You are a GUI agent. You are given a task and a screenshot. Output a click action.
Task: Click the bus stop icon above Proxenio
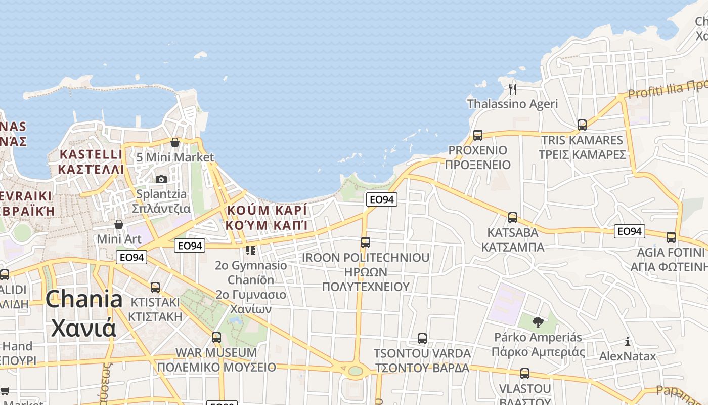click(x=478, y=135)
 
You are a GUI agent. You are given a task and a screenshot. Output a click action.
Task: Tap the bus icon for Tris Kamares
click(x=582, y=125)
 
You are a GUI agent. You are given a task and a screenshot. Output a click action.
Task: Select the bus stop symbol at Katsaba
click(x=513, y=218)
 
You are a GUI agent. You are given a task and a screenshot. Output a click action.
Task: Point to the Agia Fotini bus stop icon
click(x=671, y=237)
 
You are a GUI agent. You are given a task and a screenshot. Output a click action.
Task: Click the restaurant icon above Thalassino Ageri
click(x=513, y=89)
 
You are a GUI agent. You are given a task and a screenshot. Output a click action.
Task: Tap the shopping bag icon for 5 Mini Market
click(x=175, y=142)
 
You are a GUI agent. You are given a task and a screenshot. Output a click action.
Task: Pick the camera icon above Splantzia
click(x=161, y=179)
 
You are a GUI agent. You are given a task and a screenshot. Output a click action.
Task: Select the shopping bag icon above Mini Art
click(x=119, y=224)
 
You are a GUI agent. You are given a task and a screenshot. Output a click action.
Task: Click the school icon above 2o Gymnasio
click(x=251, y=250)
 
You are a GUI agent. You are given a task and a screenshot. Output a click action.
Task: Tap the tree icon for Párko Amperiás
click(x=538, y=322)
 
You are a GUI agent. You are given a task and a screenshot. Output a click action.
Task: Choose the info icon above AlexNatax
click(x=628, y=341)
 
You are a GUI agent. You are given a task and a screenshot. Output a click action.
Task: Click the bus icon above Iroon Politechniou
click(x=366, y=242)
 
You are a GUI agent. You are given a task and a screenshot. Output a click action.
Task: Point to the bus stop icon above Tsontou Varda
click(x=422, y=338)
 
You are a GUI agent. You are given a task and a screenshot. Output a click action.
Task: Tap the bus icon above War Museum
click(x=216, y=337)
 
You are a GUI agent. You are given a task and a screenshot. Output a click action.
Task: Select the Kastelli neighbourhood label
click(x=91, y=161)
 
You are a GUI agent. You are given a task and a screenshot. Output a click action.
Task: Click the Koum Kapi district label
click(x=267, y=217)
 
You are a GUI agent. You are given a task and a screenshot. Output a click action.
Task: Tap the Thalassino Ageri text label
click(x=513, y=104)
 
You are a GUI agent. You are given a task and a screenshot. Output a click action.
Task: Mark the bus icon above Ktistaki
click(x=155, y=288)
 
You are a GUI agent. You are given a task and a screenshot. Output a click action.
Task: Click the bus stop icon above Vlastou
click(x=525, y=374)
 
